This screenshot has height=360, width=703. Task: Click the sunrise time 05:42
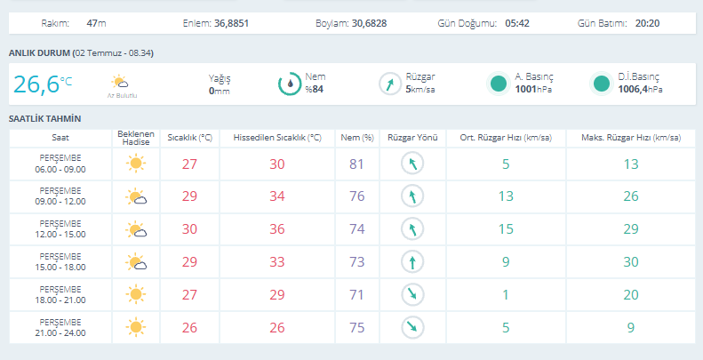[517, 23]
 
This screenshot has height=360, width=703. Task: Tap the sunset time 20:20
[647, 23]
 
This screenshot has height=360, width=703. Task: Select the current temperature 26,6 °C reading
[43, 84]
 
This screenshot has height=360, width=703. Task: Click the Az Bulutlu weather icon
[120, 82]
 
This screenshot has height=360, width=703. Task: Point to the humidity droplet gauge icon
[290, 84]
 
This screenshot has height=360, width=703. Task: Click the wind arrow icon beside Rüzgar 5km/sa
[390, 84]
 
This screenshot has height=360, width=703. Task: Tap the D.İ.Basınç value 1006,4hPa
[640, 89]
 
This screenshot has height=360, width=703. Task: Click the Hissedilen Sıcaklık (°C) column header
[277, 138]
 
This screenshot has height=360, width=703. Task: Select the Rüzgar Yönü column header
[412, 138]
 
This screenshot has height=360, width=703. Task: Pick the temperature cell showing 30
[189, 229]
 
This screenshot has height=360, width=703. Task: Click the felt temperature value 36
[277, 229]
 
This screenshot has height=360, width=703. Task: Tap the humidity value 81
[357, 164]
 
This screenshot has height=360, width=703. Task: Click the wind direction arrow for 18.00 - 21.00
[412, 294]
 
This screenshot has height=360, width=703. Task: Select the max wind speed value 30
[631, 262]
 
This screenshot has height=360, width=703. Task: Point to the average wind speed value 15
[506, 229]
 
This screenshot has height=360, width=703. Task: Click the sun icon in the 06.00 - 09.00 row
[135, 164]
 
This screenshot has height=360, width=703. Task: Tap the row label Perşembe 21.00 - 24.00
[60, 328]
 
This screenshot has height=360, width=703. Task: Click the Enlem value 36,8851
[231, 23]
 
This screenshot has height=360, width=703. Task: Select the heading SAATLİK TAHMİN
[44, 119]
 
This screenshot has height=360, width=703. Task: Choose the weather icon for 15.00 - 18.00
[136, 262]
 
